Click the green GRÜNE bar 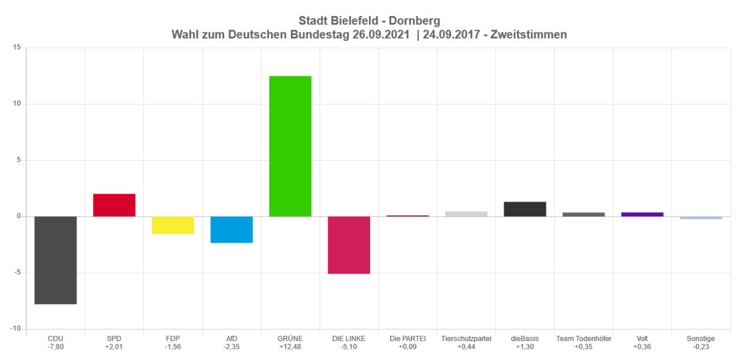[290, 146]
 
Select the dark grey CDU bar [56, 260]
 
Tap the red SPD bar [114, 205]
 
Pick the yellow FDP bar [173, 225]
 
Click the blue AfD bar [232, 229]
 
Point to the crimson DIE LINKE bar [349, 245]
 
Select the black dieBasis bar [525, 209]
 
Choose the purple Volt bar [642, 214]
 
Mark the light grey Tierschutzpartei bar [466, 214]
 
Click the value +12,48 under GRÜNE [290, 346]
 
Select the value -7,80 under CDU [56, 346]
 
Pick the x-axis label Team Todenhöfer [584, 339]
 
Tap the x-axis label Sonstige [701, 339]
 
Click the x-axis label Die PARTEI [408, 339]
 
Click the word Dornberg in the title [417, 21]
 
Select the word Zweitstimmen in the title [532, 35]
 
